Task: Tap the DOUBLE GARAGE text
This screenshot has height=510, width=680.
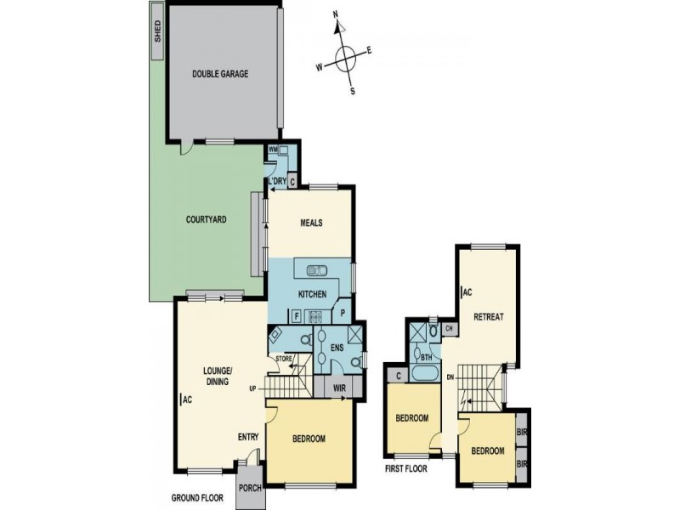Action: (220, 74)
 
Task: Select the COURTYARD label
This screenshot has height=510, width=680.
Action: (206, 219)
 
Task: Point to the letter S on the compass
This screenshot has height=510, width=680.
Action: (354, 91)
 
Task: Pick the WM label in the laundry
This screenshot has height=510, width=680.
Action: (273, 150)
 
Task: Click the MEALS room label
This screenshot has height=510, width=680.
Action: (309, 224)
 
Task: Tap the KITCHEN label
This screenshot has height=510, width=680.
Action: (312, 294)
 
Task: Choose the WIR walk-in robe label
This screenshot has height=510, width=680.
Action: (339, 387)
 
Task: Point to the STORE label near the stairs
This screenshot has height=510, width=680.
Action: (283, 360)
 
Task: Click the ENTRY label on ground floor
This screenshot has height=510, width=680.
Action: (248, 438)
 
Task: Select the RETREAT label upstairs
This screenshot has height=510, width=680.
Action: (489, 317)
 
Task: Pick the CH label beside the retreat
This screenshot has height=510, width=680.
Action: (448, 328)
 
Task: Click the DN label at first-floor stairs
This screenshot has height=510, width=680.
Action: (450, 376)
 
